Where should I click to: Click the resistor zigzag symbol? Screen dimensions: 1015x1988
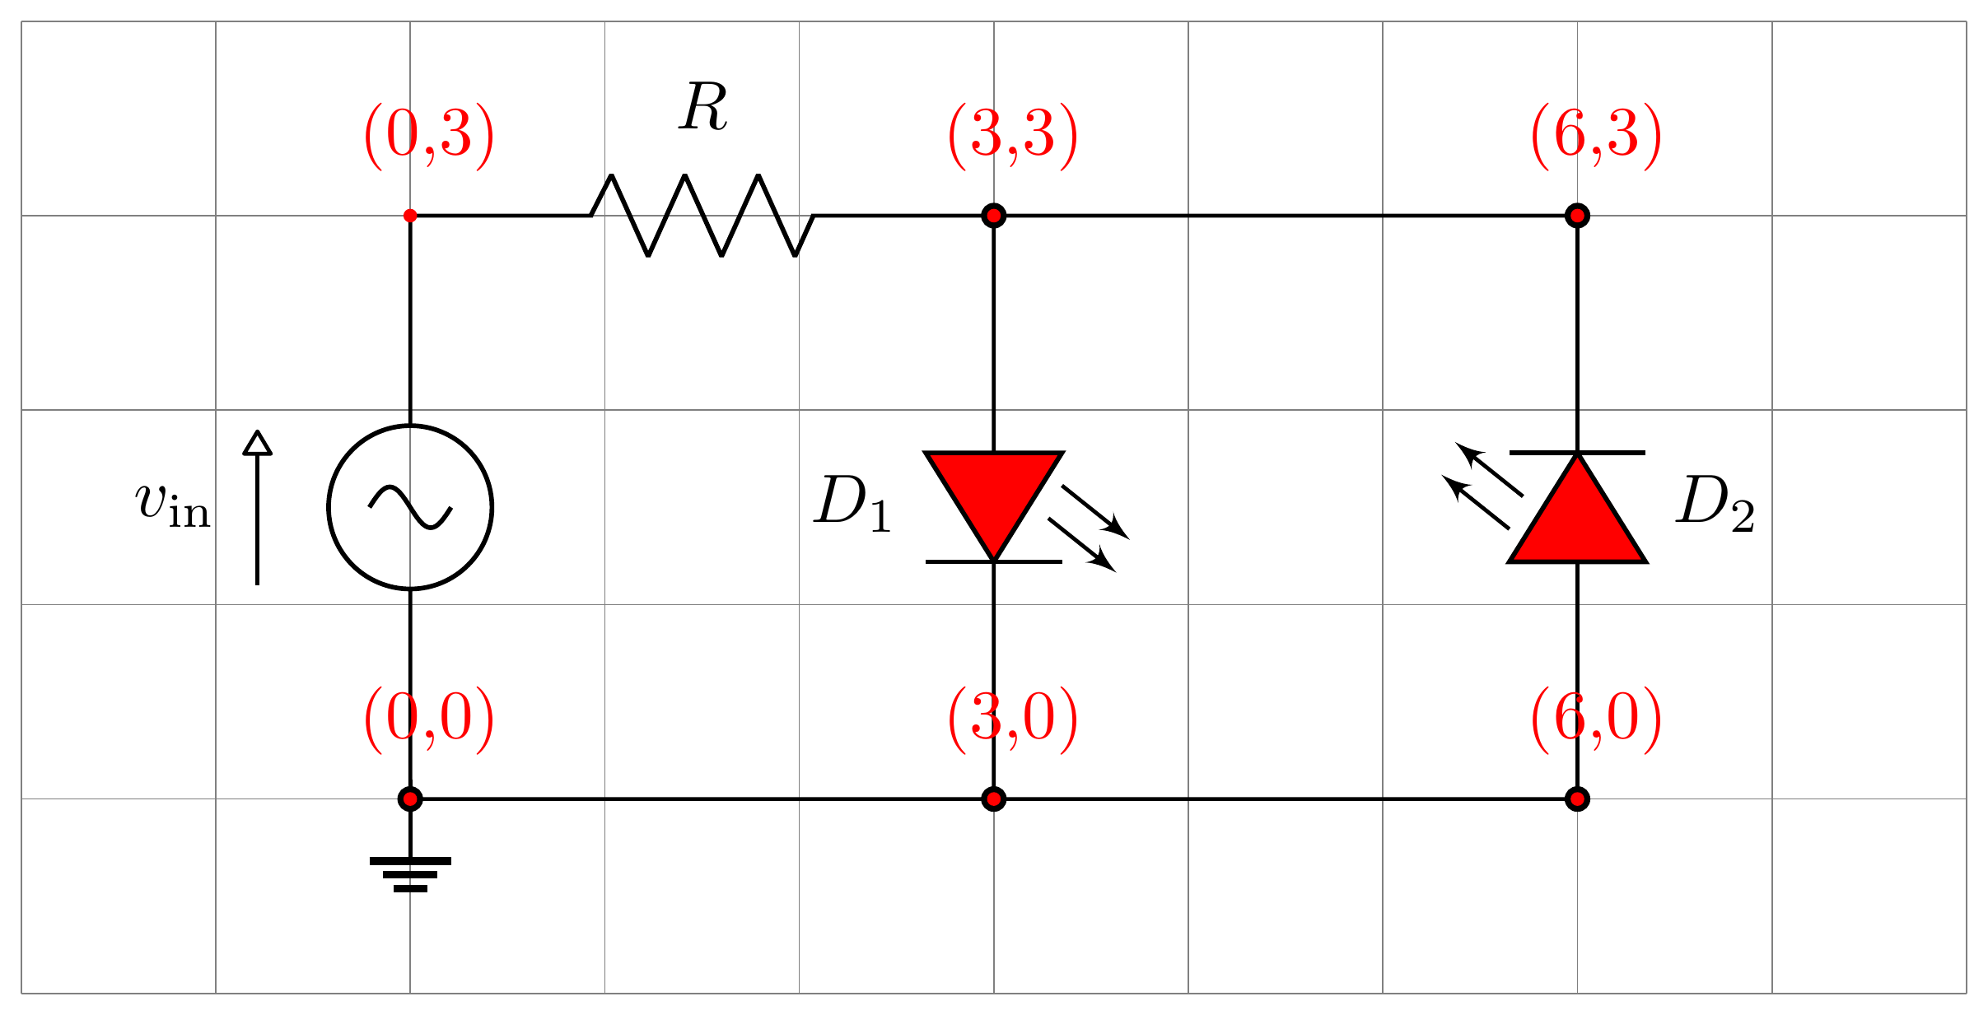[702, 216]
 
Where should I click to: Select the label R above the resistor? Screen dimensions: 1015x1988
[703, 108]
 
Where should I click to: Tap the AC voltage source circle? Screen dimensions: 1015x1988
[410, 507]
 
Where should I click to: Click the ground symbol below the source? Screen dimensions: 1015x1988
[410, 873]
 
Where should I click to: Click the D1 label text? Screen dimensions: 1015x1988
[852, 504]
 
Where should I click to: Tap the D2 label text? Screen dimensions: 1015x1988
[1715, 504]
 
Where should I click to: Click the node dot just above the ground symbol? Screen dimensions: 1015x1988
[410, 798]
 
